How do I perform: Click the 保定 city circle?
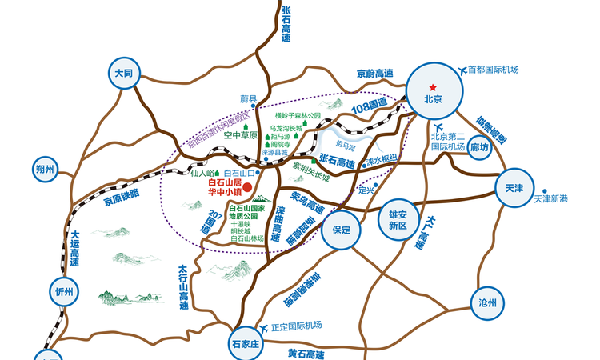click(338, 230)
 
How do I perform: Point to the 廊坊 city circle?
click(480, 148)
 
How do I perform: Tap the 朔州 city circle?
click(45, 169)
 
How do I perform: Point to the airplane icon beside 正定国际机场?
click(266, 327)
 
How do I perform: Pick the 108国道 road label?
click(372, 106)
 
